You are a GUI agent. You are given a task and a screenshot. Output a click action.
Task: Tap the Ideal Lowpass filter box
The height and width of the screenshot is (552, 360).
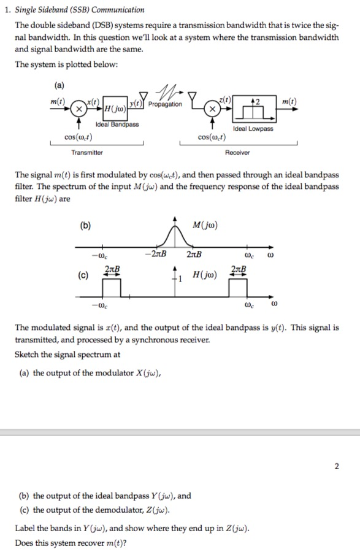point(253,110)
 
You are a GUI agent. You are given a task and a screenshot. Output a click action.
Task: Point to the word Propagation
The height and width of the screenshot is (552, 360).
point(166,104)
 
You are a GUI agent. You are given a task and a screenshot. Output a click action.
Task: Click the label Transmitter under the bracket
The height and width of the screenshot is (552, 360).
point(87,152)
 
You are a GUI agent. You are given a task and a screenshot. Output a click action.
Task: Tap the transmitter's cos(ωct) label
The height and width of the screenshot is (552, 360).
point(80,137)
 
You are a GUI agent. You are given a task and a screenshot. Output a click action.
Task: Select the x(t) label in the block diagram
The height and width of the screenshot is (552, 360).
point(93,100)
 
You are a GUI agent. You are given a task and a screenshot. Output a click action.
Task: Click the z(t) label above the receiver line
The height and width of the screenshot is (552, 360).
point(226,100)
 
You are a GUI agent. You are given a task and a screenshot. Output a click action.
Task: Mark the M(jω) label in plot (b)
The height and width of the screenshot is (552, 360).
point(204,225)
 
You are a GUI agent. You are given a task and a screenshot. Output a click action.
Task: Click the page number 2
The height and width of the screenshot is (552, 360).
point(337,466)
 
